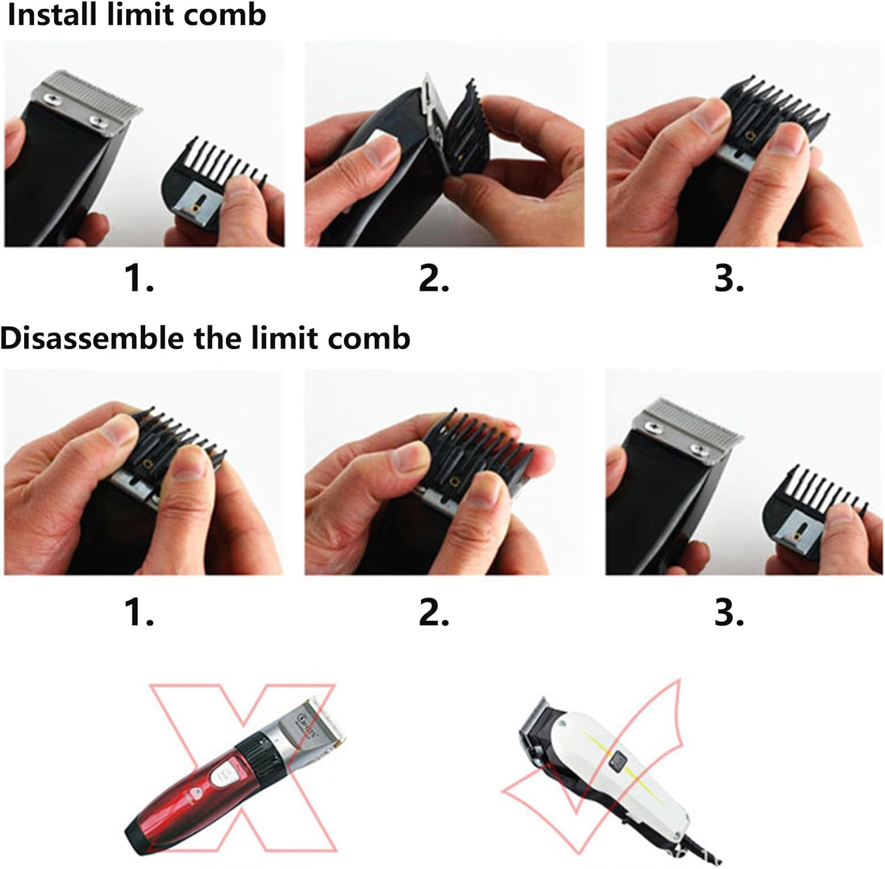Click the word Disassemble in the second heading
[x=91, y=338]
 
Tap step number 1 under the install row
[x=139, y=278]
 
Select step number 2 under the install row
[x=434, y=278]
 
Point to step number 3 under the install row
[x=729, y=278]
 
